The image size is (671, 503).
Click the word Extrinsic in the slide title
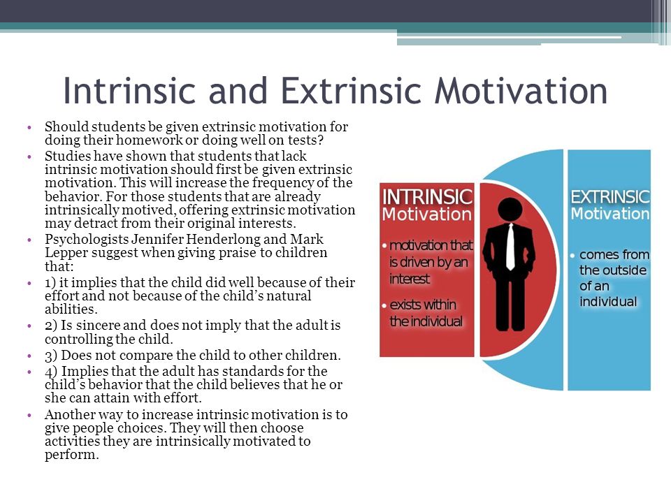click(x=351, y=91)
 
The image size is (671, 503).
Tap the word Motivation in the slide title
click(x=521, y=91)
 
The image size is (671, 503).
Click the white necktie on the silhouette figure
click(x=510, y=247)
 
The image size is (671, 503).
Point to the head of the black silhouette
click(x=510, y=210)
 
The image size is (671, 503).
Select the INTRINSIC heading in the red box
click(x=427, y=197)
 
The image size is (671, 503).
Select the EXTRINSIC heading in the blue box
click(x=610, y=197)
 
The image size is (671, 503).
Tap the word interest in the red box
click(x=410, y=279)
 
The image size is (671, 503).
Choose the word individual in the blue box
click(x=608, y=302)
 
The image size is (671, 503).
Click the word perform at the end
click(x=72, y=455)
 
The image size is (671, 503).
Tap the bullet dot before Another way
click(x=29, y=415)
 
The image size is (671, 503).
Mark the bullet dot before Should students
click(x=29, y=127)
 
